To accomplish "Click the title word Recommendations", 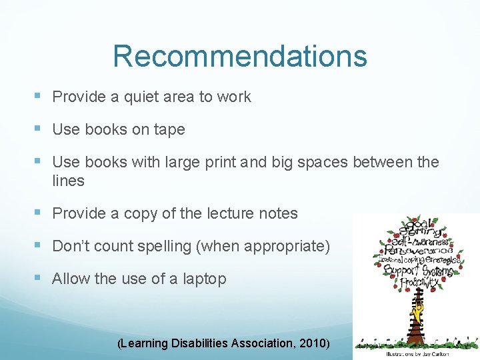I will tap(240, 57).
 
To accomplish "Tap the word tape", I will tap(169, 130).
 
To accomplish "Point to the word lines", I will tap(68, 181).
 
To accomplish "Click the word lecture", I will tap(231, 213).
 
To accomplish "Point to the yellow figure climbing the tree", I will tap(418, 312).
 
